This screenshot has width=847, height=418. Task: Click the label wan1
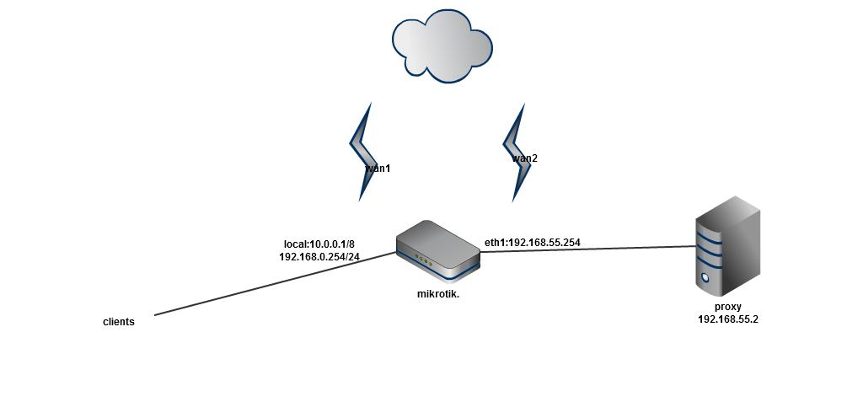pyautogui.click(x=378, y=169)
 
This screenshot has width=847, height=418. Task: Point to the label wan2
pyautogui.click(x=524, y=158)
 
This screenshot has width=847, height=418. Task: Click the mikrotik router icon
pyautogui.click(x=437, y=248)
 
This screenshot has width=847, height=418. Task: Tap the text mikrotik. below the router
pyautogui.click(x=438, y=294)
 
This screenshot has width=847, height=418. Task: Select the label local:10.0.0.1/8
pyautogui.click(x=319, y=244)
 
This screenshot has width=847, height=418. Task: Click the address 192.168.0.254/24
pyautogui.click(x=319, y=257)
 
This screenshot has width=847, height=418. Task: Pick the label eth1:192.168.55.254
pyautogui.click(x=532, y=243)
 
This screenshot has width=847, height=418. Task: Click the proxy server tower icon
pyautogui.click(x=727, y=244)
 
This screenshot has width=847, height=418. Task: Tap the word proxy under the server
pyautogui.click(x=728, y=307)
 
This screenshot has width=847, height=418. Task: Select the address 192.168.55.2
pyautogui.click(x=728, y=319)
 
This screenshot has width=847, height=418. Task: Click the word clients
pyautogui.click(x=119, y=322)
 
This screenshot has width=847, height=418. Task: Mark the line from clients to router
pyautogui.click(x=270, y=284)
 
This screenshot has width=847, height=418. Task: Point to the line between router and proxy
pyautogui.click(x=590, y=249)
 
